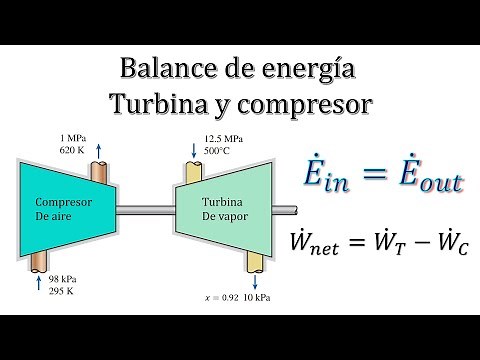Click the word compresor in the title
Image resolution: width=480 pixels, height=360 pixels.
click(x=304, y=105)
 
